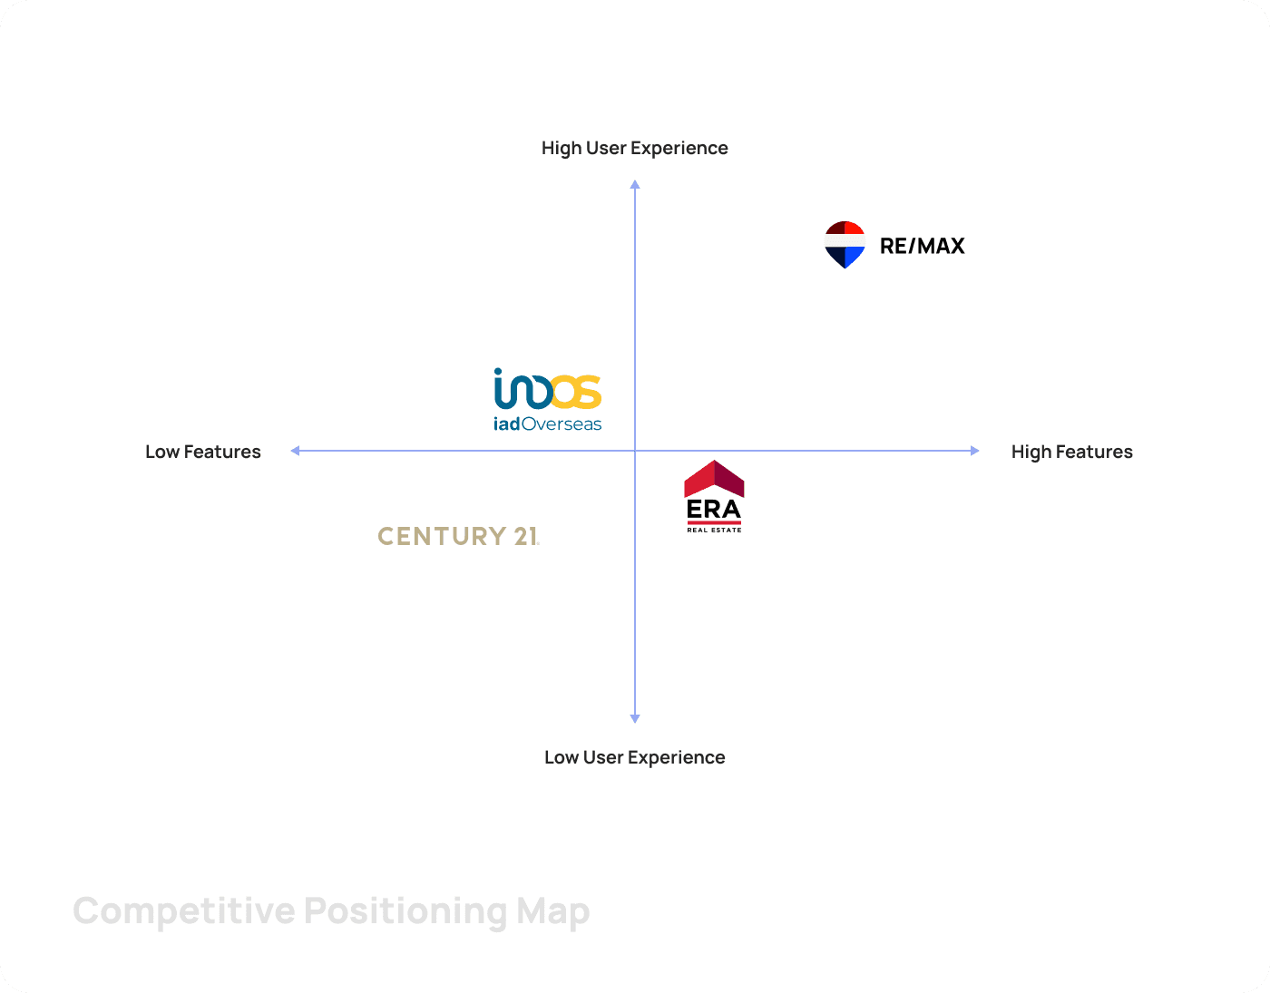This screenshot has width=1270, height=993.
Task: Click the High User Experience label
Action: (x=634, y=148)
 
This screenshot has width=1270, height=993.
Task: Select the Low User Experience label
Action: (x=634, y=757)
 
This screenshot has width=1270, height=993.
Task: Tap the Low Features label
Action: (x=203, y=452)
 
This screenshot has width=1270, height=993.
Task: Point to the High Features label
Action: (x=1071, y=452)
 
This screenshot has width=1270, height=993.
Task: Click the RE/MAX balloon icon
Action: (x=845, y=244)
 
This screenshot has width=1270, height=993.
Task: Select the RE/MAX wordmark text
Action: (x=922, y=246)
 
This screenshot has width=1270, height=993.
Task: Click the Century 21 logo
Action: (x=458, y=536)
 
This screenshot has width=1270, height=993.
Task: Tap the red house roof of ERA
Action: (x=714, y=478)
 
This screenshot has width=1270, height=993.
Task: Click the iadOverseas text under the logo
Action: (x=547, y=423)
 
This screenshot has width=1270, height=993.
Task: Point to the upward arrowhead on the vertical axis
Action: (x=635, y=184)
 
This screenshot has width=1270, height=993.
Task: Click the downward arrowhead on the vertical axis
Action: (x=635, y=718)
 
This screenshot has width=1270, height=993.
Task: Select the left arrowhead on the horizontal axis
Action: (x=295, y=451)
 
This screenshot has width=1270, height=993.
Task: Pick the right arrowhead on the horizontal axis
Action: (x=975, y=451)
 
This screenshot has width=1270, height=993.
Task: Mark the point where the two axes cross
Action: (x=635, y=451)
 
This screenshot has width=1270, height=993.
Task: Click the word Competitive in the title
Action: (x=183, y=911)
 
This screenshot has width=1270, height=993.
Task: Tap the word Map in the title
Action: (x=553, y=911)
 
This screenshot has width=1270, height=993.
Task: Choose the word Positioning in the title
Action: (x=405, y=911)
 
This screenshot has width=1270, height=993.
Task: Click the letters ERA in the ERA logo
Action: (x=714, y=510)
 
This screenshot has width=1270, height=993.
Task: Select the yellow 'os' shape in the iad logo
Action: (x=575, y=391)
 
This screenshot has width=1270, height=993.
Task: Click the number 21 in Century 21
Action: (x=526, y=536)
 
